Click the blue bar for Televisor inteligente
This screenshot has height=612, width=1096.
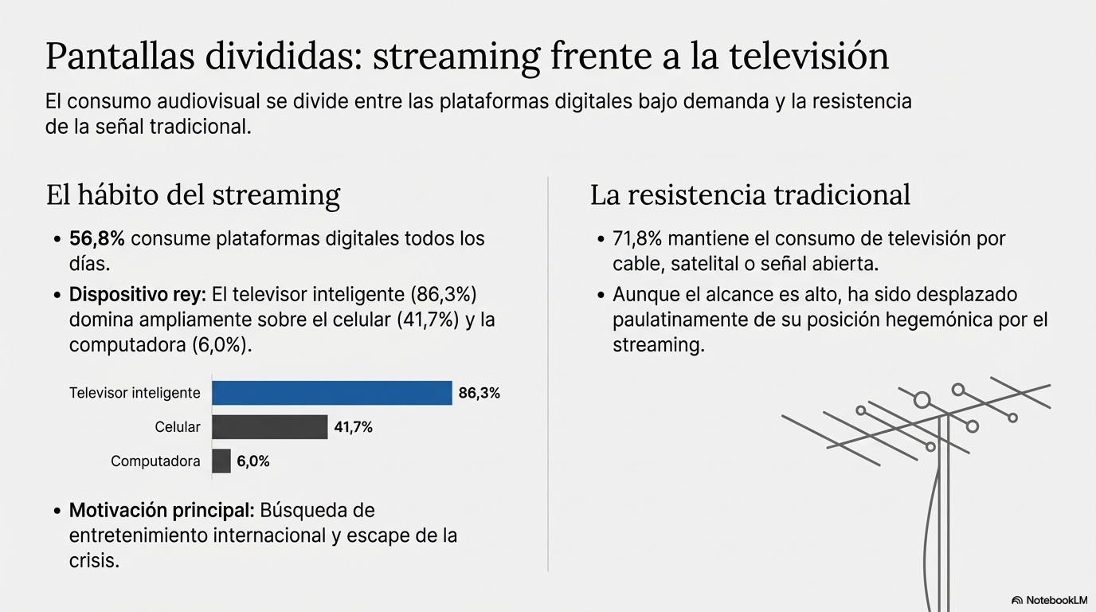(x=332, y=393)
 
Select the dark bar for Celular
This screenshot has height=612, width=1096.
(x=270, y=427)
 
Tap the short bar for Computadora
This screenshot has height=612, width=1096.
(x=221, y=461)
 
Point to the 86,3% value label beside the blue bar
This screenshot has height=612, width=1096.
(x=479, y=393)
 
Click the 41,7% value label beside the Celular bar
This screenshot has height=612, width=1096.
(x=354, y=427)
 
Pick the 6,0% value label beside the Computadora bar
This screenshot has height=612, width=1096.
(x=253, y=461)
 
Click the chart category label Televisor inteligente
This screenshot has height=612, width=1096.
(x=135, y=393)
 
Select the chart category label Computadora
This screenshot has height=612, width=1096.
(x=155, y=461)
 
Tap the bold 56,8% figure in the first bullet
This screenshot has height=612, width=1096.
(x=97, y=238)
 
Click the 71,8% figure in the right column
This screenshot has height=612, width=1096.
(x=637, y=238)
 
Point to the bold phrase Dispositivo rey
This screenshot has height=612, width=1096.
(x=137, y=295)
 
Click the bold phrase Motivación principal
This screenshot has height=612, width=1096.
(x=162, y=510)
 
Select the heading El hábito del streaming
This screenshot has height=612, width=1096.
(x=193, y=195)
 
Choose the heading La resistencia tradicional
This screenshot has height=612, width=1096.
(x=750, y=195)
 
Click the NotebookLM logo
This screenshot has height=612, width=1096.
(x=1049, y=600)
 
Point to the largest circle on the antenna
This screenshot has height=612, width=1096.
(x=922, y=399)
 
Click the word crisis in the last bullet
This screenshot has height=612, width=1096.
(x=94, y=560)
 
